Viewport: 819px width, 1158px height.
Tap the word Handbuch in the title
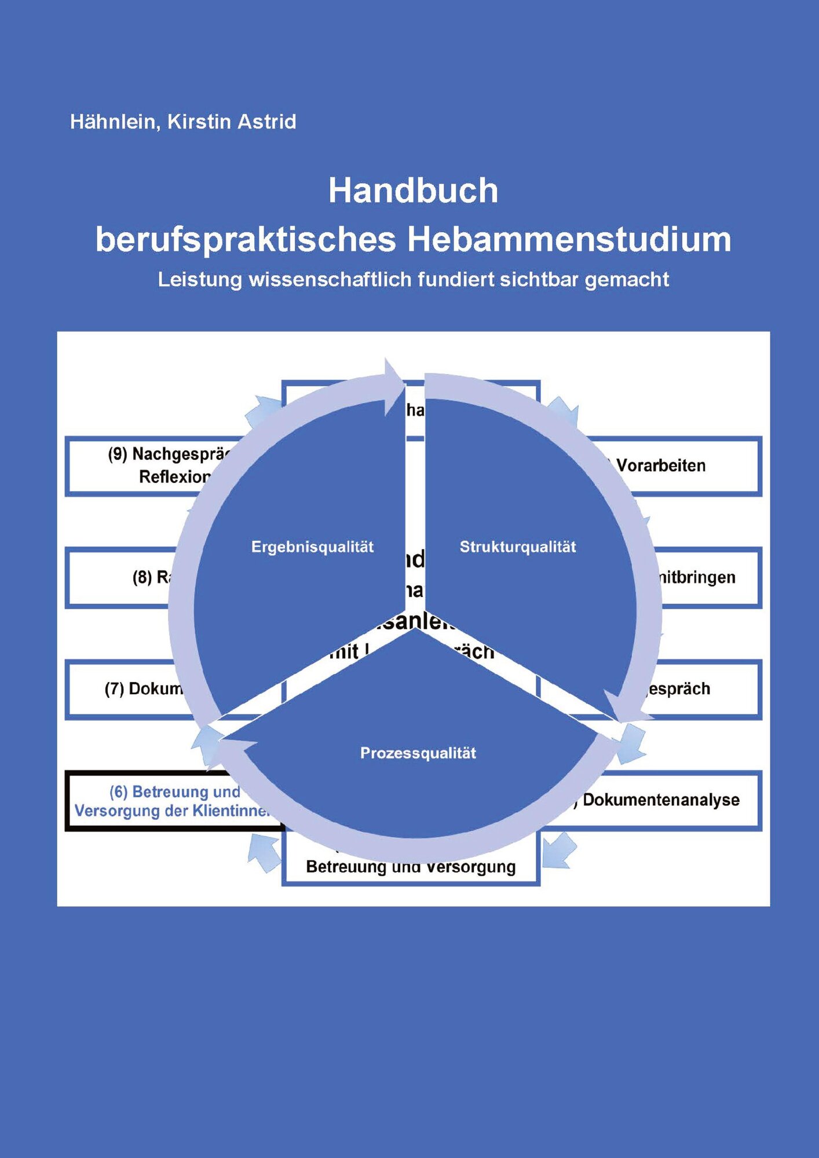(x=413, y=190)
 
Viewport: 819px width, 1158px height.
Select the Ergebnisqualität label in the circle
(x=312, y=547)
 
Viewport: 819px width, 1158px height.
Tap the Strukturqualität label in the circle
(x=518, y=547)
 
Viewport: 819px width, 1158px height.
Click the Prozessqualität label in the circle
(x=418, y=753)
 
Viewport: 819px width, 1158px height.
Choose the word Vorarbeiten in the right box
(x=661, y=466)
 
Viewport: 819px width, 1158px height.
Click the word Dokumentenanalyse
(x=661, y=800)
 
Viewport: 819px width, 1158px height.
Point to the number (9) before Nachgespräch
(x=118, y=455)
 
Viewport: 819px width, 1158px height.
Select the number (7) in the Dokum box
(x=114, y=689)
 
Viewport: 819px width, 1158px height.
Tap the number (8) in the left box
(x=142, y=577)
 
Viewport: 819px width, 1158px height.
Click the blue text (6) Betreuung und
(x=175, y=791)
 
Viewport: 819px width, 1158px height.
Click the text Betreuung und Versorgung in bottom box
(x=411, y=867)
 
